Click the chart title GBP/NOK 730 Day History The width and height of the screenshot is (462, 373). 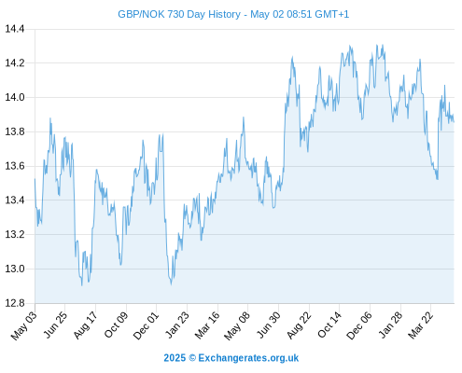coord(179,14)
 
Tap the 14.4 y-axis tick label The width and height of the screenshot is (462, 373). coord(15,29)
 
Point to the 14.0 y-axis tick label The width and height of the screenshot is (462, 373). coord(15,97)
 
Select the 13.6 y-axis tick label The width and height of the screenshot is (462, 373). coord(15,166)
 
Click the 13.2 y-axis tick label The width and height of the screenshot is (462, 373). coord(15,234)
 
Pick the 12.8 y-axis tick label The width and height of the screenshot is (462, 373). coord(15,303)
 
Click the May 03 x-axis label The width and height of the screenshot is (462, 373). coord(24,325)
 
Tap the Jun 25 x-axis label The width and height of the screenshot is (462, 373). coord(55,325)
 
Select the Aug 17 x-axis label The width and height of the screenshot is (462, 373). coord(85,325)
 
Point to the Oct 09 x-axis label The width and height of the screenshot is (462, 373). coord(116,325)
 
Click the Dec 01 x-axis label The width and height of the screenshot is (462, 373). coord(146,325)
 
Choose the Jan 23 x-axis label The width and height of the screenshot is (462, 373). coord(176,325)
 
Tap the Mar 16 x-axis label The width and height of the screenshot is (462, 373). coord(207,325)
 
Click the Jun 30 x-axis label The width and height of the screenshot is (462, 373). coord(268,325)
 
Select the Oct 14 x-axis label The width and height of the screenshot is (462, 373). coord(329,325)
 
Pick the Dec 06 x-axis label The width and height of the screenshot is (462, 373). coord(359,325)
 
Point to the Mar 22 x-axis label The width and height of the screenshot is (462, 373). coord(420,325)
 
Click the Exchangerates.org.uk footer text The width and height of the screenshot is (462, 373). coord(248,358)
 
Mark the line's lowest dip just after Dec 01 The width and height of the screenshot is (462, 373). coord(171,283)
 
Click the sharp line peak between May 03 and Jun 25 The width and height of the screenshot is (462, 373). coord(50,118)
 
